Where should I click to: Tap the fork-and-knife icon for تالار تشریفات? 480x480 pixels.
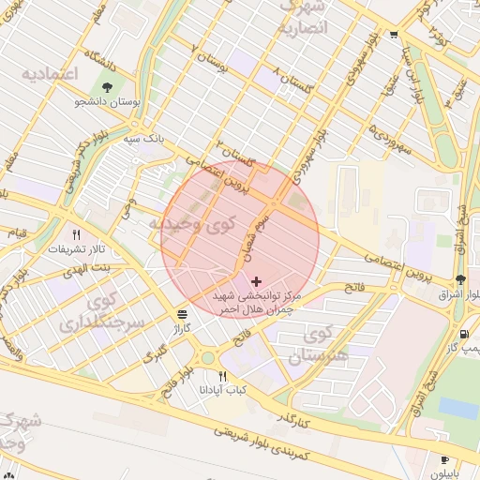click(77, 234)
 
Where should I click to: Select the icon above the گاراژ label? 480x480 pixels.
click(181, 314)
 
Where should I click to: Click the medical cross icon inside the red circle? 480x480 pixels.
click(257, 280)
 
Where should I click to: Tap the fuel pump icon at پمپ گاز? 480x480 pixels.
click(462, 335)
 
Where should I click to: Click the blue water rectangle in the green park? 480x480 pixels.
click(457, 408)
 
